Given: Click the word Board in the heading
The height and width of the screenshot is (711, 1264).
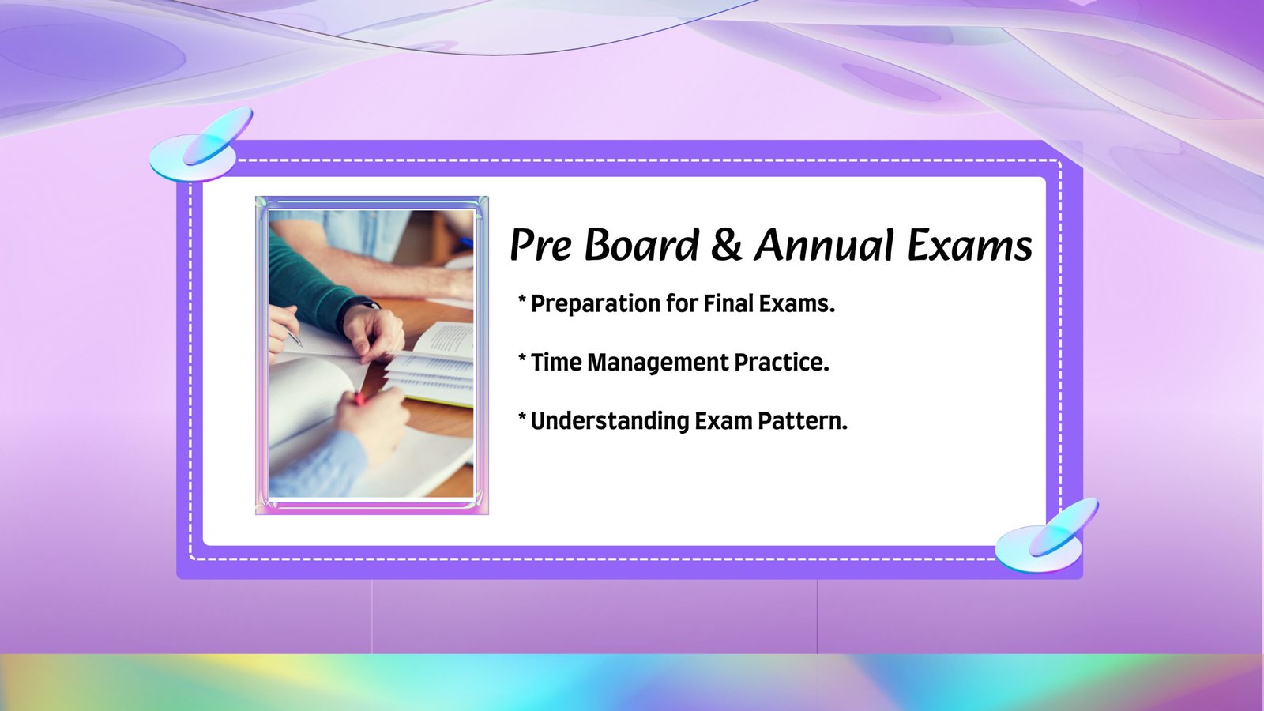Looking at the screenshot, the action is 641,246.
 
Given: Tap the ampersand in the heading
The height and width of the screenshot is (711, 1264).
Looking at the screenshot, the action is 726,246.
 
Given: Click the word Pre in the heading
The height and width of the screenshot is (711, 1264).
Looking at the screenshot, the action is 540,246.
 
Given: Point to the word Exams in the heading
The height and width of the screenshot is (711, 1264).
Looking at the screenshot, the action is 969,246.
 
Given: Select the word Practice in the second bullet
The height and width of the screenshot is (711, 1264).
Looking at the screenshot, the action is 781,362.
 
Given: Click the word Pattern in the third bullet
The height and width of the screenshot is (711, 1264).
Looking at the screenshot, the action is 802,420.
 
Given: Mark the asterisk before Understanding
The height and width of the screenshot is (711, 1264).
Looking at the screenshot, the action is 522,417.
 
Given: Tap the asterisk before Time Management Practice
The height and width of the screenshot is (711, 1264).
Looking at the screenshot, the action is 522,359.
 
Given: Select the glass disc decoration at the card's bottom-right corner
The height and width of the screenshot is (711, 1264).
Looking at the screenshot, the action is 1045,537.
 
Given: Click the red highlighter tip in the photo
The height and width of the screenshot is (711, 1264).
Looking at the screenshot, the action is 359,399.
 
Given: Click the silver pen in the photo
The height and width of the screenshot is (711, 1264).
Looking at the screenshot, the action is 295,339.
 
